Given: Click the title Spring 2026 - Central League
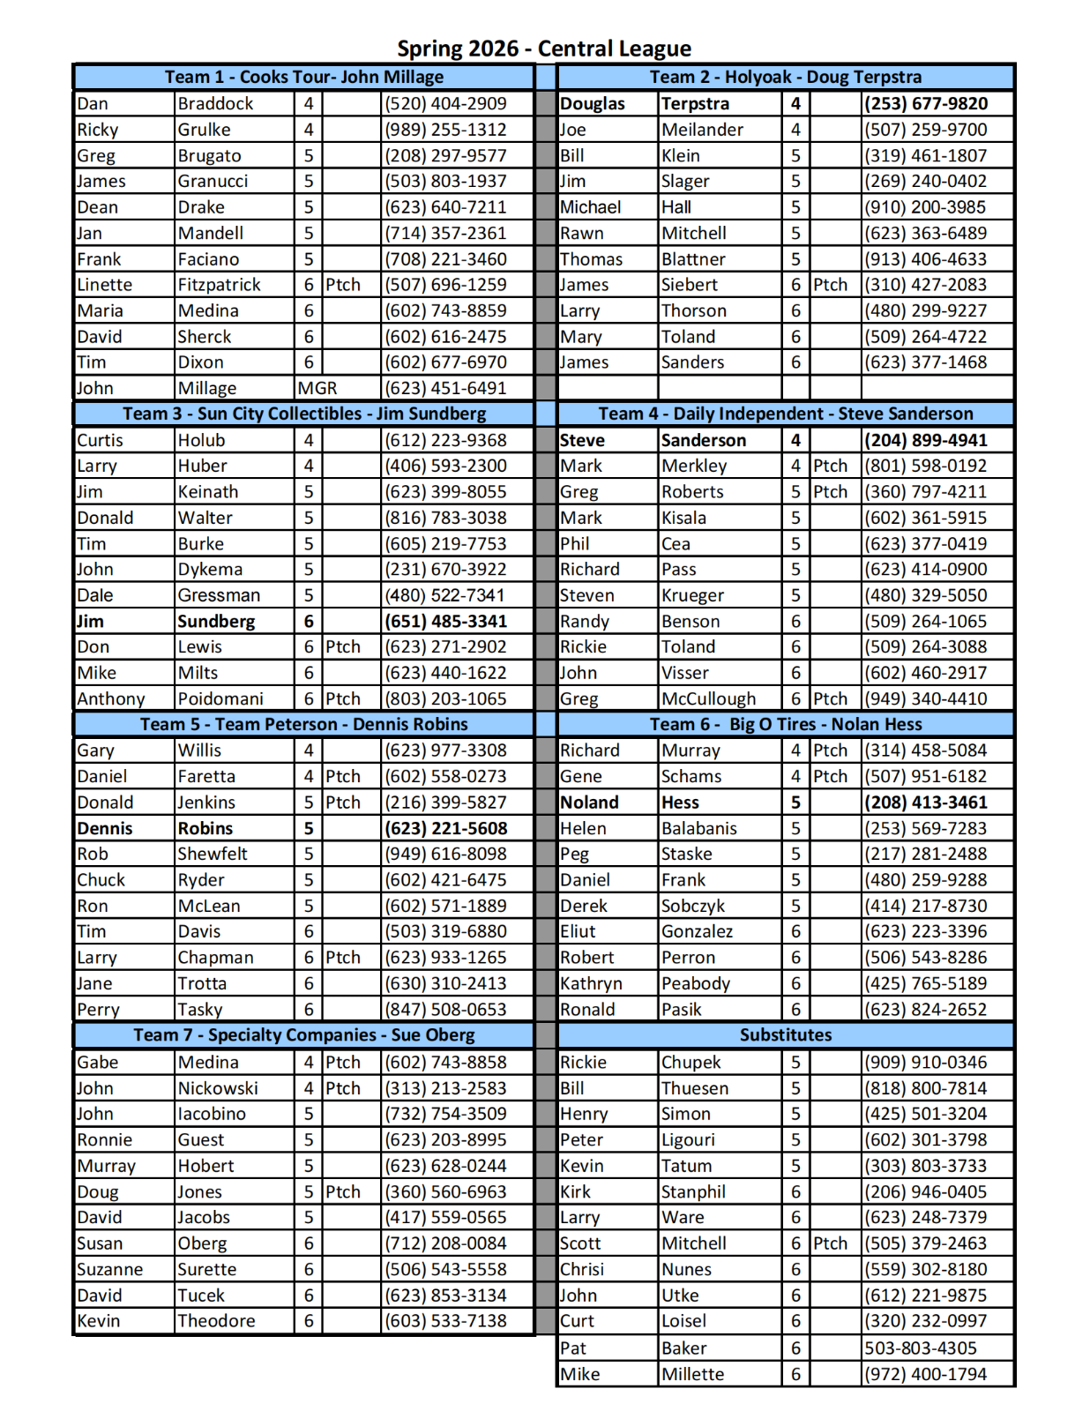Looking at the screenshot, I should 543,48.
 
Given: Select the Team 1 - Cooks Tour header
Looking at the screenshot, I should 303,77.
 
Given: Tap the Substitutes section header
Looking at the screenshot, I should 785,1034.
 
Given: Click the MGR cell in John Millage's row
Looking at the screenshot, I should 317,388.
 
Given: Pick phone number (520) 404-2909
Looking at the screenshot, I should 445,103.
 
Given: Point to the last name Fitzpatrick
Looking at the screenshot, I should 219,285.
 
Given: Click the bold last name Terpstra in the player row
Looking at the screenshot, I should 695,103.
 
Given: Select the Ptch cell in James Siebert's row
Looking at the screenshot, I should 830,285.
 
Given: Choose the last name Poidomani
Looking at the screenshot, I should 220,698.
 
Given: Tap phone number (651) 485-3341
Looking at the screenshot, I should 445,621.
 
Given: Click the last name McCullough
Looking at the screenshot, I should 708,698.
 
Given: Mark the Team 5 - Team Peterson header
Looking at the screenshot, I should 303,724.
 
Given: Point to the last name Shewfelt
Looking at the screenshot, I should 213,854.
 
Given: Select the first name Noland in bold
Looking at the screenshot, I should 589,803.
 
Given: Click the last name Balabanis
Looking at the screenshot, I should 699,828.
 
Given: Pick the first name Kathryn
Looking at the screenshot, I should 591,983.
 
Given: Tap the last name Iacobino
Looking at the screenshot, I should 212,1114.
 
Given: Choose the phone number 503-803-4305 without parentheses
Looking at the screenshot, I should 920,1348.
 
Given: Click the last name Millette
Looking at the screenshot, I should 692,1374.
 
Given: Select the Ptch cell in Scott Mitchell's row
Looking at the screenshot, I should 830,1243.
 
